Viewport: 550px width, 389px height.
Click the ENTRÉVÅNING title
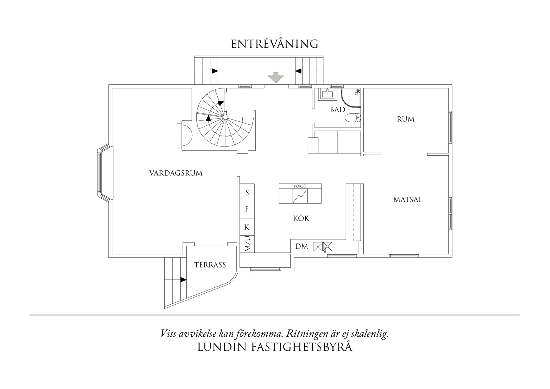point(275,44)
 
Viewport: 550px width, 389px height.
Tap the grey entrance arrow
point(276,77)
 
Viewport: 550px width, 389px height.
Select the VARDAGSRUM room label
point(176,173)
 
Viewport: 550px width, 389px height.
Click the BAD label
point(337,110)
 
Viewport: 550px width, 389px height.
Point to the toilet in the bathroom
point(352,118)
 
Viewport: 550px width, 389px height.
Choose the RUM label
point(405,119)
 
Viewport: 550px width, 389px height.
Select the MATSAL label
point(408,200)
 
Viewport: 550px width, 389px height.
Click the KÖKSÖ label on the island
point(300,186)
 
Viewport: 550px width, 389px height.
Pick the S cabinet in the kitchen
point(247,193)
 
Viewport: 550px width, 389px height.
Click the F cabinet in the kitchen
point(247,209)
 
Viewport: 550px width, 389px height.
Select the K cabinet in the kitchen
point(247,227)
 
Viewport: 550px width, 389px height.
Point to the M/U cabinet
point(247,244)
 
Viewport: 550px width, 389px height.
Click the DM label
point(302,247)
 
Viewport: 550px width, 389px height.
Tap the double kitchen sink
point(323,247)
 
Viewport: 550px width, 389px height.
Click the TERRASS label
point(210,265)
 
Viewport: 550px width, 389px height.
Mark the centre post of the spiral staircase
point(225,117)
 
